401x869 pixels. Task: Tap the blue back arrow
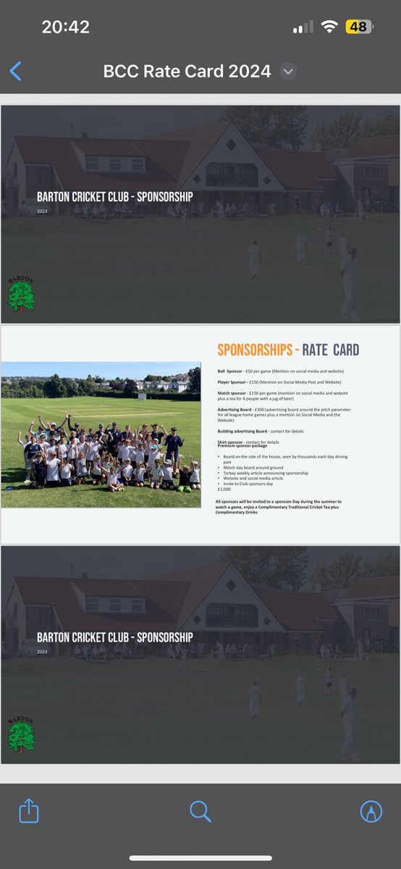[15, 71]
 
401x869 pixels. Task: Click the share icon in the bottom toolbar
[28, 811]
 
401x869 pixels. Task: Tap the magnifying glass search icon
[200, 811]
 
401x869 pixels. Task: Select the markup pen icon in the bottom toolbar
[371, 811]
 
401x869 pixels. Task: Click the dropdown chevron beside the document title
[288, 72]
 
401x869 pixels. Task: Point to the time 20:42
[65, 28]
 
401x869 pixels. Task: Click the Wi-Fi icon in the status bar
[330, 28]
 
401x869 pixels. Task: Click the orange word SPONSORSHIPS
[255, 350]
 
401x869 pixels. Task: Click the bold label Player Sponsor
[234, 382]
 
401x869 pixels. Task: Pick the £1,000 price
[224, 490]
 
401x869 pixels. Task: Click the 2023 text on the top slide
[43, 211]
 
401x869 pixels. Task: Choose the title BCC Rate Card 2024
[187, 72]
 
